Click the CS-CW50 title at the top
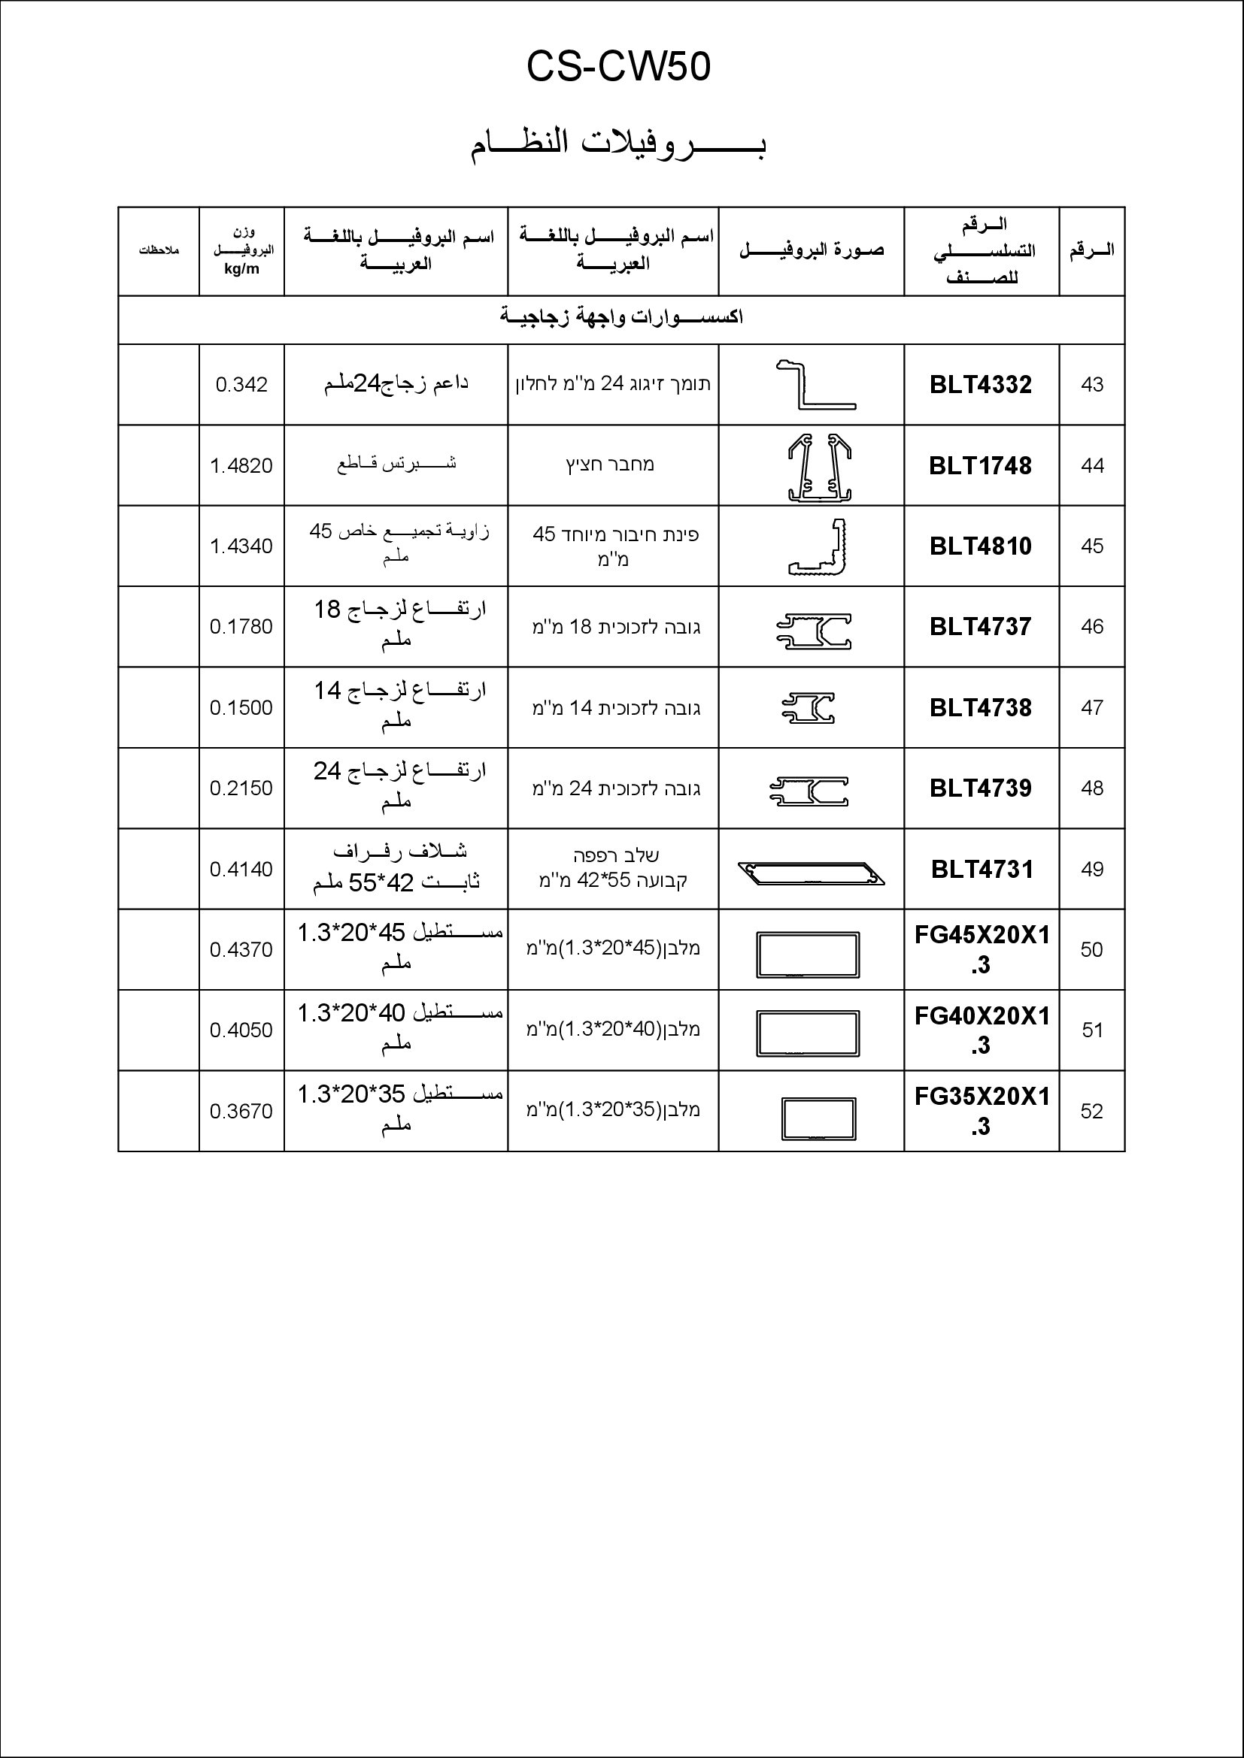click(x=618, y=68)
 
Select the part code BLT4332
click(x=981, y=384)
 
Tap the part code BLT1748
click(x=981, y=465)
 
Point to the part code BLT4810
click(x=981, y=546)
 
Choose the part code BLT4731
click(x=982, y=869)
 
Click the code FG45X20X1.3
click(x=982, y=949)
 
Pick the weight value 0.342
click(x=241, y=384)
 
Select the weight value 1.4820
click(x=241, y=465)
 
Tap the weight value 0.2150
click(x=241, y=788)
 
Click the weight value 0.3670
click(x=241, y=1111)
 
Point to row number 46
click(x=1091, y=626)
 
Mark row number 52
click(x=1091, y=1111)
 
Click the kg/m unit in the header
click(x=241, y=270)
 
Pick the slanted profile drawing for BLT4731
click(x=812, y=873)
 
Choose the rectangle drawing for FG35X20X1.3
click(x=818, y=1119)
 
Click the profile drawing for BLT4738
click(x=808, y=707)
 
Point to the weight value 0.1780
click(x=241, y=626)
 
